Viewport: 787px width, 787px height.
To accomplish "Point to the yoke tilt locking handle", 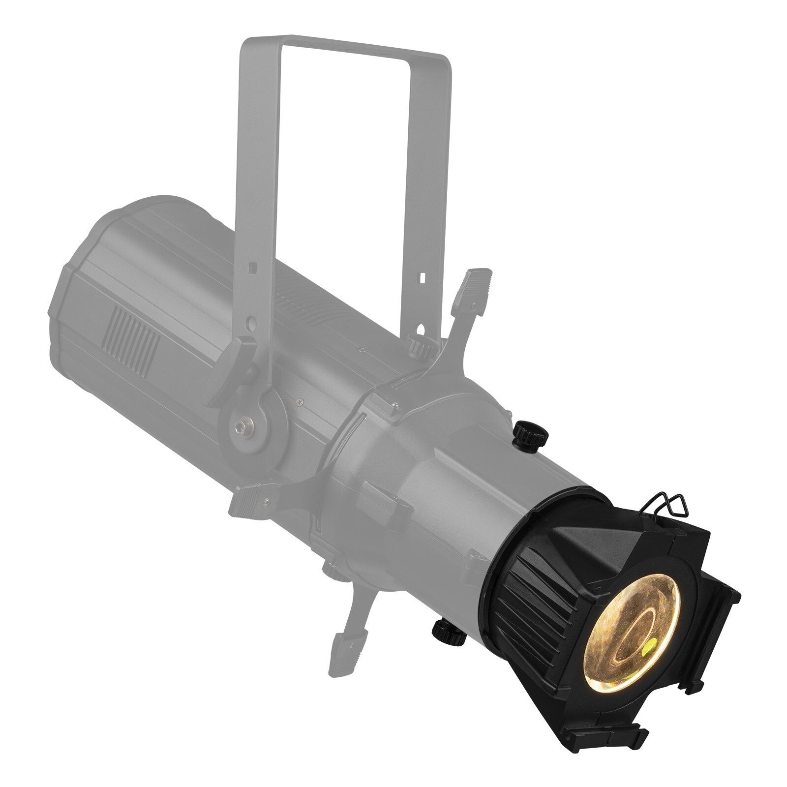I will pyautogui.click(x=241, y=354).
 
